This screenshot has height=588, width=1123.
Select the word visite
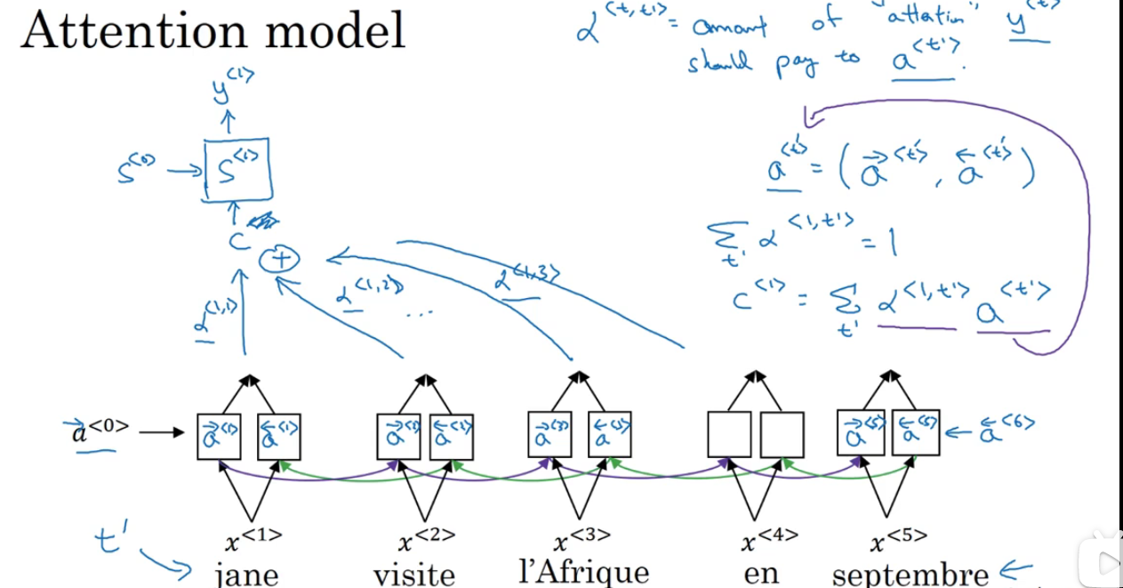414,574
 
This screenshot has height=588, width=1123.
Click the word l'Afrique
583,571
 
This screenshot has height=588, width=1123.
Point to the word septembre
910,575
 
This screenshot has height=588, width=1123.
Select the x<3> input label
583,538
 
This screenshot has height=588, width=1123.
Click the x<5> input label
899,539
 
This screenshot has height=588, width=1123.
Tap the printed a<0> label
100,430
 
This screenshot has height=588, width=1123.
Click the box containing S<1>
237,169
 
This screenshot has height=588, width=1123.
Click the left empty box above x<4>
729,435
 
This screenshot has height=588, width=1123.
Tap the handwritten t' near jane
111,538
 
